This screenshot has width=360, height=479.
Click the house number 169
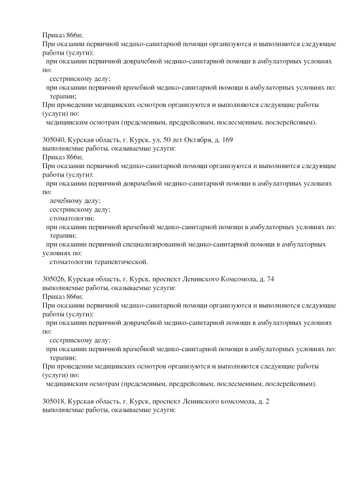226,140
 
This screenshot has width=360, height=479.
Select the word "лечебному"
68,200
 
